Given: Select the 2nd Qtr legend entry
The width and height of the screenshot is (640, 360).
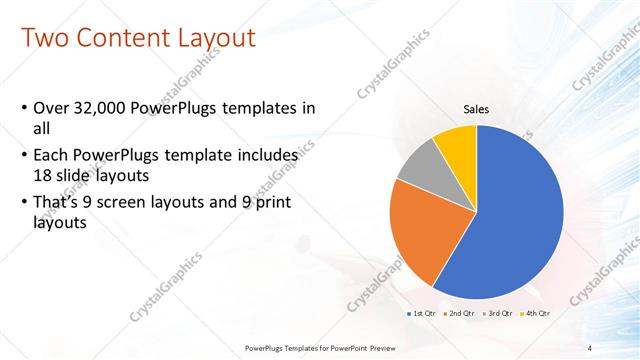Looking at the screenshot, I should tap(458, 313).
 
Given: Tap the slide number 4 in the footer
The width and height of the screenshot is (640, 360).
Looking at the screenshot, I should tap(590, 347).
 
